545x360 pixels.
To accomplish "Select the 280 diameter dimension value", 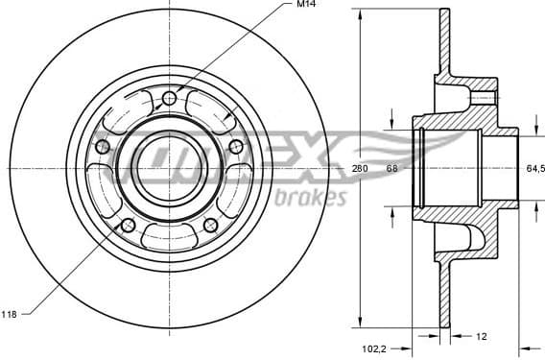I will tap(360, 169).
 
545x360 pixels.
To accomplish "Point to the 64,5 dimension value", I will tap(534, 168).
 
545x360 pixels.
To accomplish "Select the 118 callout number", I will tap(11, 313).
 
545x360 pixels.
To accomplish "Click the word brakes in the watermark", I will tap(310, 199).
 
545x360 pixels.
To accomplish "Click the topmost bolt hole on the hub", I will tap(170, 98).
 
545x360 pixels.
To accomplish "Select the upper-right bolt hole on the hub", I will tap(235, 145).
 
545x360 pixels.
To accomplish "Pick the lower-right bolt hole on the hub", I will tap(210, 224).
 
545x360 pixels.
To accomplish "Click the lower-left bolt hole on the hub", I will tap(128, 225).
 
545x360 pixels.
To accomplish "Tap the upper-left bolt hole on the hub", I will tap(103, 146).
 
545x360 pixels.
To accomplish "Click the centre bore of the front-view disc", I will tap(169, 164).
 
